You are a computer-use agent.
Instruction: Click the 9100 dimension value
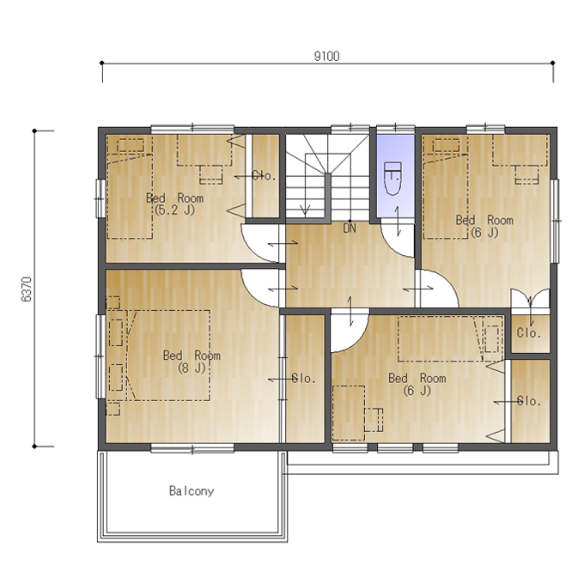coord(326,56)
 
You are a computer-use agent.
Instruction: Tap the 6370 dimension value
coord(27,289)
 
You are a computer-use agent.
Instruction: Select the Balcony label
coord(192,491)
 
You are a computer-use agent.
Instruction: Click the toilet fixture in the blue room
coord(392,179)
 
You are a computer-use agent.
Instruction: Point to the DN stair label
coord(350,228)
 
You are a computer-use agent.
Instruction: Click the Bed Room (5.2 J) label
coord(174,204)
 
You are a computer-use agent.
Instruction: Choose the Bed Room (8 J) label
coord(192,362)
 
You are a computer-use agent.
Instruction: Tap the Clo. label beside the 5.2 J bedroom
coord(264,176)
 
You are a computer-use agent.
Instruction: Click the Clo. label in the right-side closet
coord(528,332)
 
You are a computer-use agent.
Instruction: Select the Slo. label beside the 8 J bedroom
coord(303,379)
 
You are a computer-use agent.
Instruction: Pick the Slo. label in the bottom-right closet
coord(529,401)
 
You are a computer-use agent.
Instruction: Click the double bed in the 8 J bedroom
coord(168,356)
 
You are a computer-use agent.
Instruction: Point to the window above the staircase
coord(350,129)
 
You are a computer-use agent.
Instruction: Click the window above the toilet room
coord(396,129)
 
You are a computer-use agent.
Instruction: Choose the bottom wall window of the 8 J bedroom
coord(192,448)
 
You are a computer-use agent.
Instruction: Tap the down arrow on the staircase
coord(306,185)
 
